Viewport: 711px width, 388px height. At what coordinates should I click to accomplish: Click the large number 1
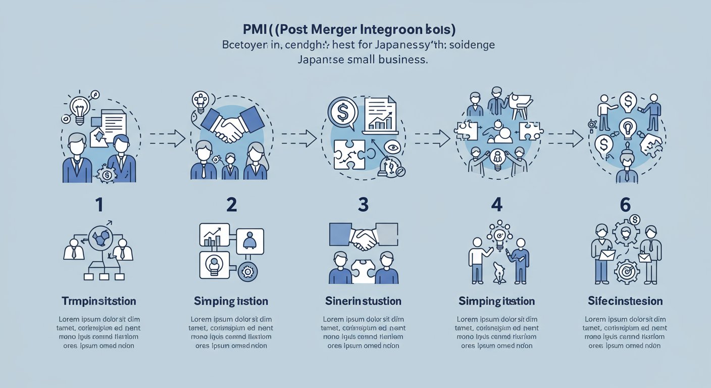pos(99,205)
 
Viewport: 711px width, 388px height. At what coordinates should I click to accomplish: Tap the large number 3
pos(363,205)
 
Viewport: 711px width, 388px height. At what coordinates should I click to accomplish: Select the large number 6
pos(625,205)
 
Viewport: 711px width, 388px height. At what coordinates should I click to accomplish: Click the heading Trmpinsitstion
pos(99,301)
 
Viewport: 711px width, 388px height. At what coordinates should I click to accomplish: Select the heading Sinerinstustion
pos(364,301)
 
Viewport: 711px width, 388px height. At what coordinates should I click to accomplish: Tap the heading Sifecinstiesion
pos(625,301)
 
